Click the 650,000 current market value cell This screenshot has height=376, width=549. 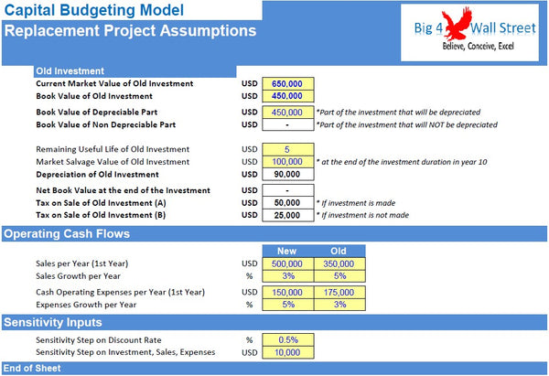click(287, 83)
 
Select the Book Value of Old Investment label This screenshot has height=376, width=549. click(93, 96)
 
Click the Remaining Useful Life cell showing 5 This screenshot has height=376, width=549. click(287, 149)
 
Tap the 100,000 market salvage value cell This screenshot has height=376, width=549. click(287, 162)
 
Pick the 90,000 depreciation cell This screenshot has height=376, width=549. click(287, 175)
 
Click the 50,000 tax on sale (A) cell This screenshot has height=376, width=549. click(287, 202)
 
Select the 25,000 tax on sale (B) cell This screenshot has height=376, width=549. click(287, 215)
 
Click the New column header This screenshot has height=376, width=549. click(287, 251)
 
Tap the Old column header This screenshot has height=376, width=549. click(338, 251)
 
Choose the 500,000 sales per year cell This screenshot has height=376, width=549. click(287, 263)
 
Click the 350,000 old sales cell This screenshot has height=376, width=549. click(338, 263)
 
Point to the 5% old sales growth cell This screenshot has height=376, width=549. click(338, 276)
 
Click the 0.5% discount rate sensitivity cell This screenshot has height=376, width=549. click(287, 339)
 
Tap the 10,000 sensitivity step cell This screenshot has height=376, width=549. click(287, 352)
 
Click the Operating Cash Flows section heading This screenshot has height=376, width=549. click(66, 234)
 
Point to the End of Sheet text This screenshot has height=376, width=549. click(32, 369)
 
